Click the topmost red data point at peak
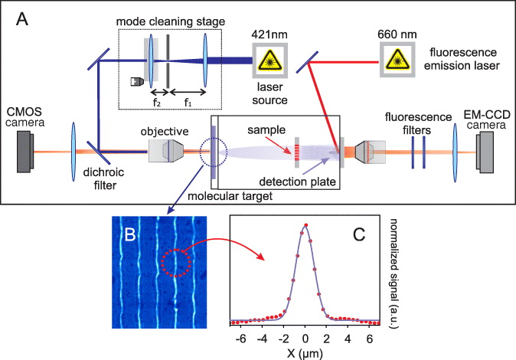tap(305, 225)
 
